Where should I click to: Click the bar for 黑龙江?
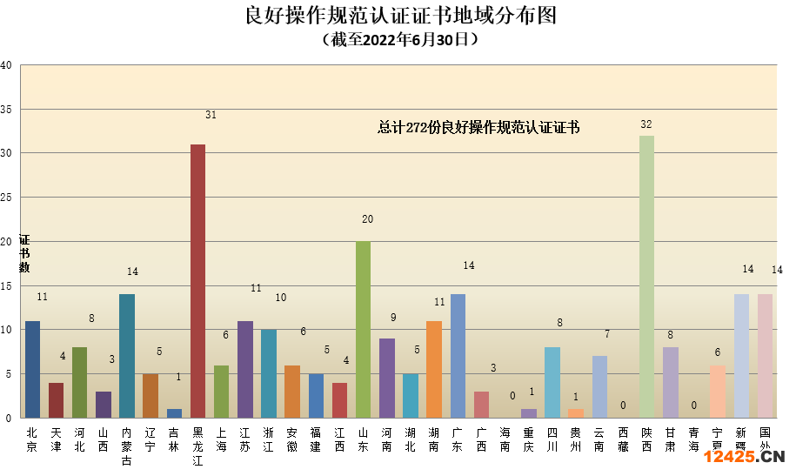[197, 281]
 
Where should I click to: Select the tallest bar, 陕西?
[646, 277]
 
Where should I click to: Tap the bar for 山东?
[363, 330]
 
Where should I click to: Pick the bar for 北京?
[32, 369]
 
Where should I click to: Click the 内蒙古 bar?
[127, 356]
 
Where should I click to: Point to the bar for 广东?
[458, 356]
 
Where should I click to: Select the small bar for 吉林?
[174, 413]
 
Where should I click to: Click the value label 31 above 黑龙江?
[211, 115]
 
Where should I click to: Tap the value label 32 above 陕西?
[646, 124]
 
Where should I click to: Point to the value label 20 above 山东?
[367, 220]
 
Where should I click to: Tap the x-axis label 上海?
[221, 439]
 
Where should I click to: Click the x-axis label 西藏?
[623, 439]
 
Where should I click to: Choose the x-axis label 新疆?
[741, 439]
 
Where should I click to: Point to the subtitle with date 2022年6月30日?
[399, 40]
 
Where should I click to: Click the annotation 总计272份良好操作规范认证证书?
[478, 128]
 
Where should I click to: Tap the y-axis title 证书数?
[24, 253]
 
